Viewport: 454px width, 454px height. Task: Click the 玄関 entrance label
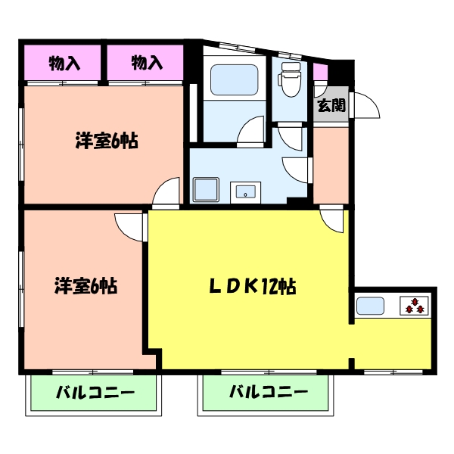point(331,106)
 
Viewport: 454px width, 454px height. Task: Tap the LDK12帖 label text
point(252,287)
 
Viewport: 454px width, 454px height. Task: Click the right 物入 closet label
point(147,63)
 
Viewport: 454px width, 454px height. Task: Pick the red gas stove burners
point(414,306)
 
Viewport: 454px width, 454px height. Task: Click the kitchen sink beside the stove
point(371,306)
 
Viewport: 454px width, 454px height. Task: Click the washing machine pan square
point(206,189)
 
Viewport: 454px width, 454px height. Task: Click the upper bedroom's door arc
point(168,192)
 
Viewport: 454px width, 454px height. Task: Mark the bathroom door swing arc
point(252,130)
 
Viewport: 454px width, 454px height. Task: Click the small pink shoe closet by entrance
point(320,73)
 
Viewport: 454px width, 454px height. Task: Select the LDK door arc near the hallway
point(332,221)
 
